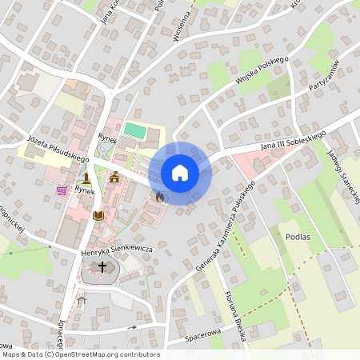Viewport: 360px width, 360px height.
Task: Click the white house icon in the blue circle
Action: tap(180, 173)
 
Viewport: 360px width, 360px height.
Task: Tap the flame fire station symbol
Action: tap(159, 196)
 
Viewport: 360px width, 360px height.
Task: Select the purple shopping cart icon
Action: tap(62, 190)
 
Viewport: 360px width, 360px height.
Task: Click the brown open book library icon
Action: tap(98, 215)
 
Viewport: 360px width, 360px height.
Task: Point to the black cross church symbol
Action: tap(102, 266)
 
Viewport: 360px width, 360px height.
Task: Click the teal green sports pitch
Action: tap(134, 129)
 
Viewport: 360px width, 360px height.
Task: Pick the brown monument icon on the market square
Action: tap(86, 177)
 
